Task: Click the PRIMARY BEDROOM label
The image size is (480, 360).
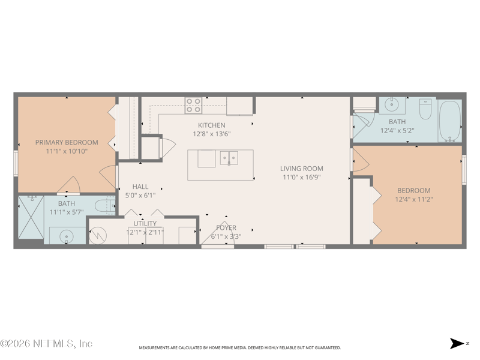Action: coord(66,142)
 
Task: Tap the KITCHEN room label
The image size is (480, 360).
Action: coord(212,125)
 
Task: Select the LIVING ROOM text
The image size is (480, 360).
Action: coord(301,169)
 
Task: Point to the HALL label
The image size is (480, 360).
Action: coord(140,187)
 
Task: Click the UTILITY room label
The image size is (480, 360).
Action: coord(145,223)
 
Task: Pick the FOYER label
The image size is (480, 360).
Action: coord(226,227)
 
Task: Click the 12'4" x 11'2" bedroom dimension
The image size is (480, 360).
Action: coord(413,200)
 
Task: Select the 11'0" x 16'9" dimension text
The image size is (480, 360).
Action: coord(301,177)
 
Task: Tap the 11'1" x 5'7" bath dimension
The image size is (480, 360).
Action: coord(66,212)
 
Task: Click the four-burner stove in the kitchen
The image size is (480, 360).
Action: coord(193,106)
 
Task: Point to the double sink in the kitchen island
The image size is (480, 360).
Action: coord(228,158)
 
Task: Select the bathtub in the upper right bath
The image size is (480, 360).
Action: coord(450,120)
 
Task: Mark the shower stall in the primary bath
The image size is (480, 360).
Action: coord(31,218)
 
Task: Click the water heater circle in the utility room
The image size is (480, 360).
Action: coord(97,235)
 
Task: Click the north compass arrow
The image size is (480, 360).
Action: coord(457,344)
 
